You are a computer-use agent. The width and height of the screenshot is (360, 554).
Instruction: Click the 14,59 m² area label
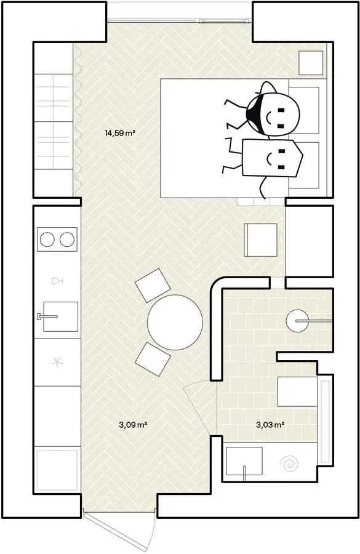(120, 133)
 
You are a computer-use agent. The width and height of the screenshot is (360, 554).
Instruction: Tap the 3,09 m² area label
(133, 425)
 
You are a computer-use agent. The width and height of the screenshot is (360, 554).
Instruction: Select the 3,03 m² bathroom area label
(270, 425)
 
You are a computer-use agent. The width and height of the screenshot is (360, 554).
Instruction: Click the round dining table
(175, 322)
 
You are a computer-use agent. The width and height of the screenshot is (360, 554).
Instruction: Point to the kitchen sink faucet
(47, 316)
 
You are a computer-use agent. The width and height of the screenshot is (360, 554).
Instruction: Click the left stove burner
(47, 239)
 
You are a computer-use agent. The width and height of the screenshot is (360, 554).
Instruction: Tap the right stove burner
(67, 239)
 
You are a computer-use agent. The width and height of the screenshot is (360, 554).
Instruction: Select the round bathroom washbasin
(297, 321)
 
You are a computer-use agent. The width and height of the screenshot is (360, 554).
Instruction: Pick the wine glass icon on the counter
(57, 281)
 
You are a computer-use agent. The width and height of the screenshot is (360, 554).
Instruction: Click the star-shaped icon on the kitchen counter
(57, 363)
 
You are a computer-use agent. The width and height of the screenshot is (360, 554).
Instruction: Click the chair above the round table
(153, 285)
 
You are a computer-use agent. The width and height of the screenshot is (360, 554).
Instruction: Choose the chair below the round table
(153, 359)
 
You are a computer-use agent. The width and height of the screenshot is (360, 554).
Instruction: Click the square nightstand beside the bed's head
(311, 63)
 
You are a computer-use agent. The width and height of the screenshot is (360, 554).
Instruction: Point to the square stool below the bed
(261, 239)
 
